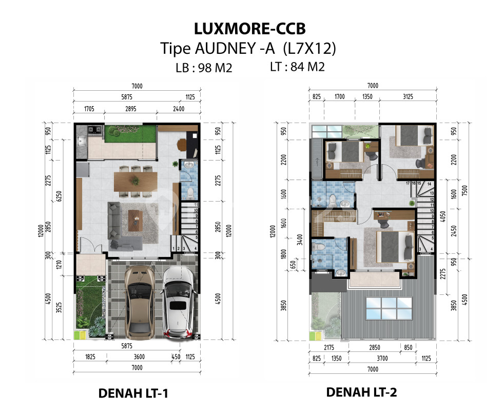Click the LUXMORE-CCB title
(249, 29)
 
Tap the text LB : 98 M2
(204, 68)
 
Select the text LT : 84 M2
(297, 67)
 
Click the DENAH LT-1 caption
(133, 393)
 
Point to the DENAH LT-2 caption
(361, 392)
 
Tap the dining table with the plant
(136, 182)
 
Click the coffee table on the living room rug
(136, 220)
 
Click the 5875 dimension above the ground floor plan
(127, 97)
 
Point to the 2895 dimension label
(130, 109)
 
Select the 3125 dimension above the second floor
(408, 96)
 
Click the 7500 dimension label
(465, 190)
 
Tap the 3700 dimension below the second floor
(382, 358)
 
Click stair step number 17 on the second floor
(408, 184)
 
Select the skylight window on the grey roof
(389, 308)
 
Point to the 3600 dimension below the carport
(139, 356)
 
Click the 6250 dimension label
(59, 196)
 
